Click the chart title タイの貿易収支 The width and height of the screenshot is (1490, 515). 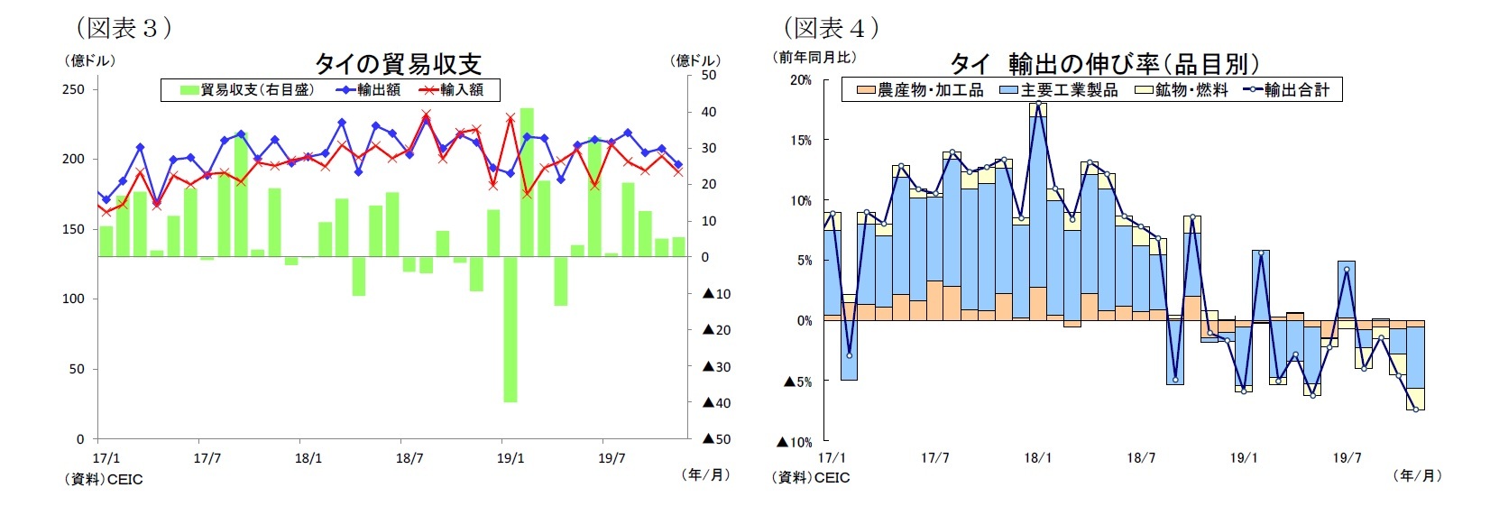(398, 63)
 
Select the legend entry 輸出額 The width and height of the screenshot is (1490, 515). (370, 90)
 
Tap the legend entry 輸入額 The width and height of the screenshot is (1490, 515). (453, 90)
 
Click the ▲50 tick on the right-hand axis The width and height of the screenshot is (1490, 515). (716, 439)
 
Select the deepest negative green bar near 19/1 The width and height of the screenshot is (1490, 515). (510, 329)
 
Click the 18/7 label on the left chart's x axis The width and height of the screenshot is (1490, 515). (409, 458)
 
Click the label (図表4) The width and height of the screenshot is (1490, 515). (831, 28)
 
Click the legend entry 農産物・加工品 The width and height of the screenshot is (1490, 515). (920, 90)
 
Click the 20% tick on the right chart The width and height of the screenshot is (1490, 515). (800, 80)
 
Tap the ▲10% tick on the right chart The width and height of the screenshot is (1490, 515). (797, 443)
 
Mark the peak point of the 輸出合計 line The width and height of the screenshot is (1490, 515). (1038, 104)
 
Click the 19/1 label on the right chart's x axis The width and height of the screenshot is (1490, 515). (1244, 458)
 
